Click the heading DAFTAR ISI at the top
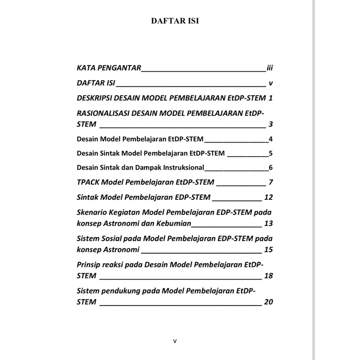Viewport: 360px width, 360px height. [175, 21]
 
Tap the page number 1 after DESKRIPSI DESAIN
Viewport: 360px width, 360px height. [271, 98]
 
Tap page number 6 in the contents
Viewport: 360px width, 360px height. [271, 168]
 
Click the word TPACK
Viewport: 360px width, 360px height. [89, 182]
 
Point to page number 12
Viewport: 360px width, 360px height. [269, 197]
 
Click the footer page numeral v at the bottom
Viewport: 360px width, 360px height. [175, 341]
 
